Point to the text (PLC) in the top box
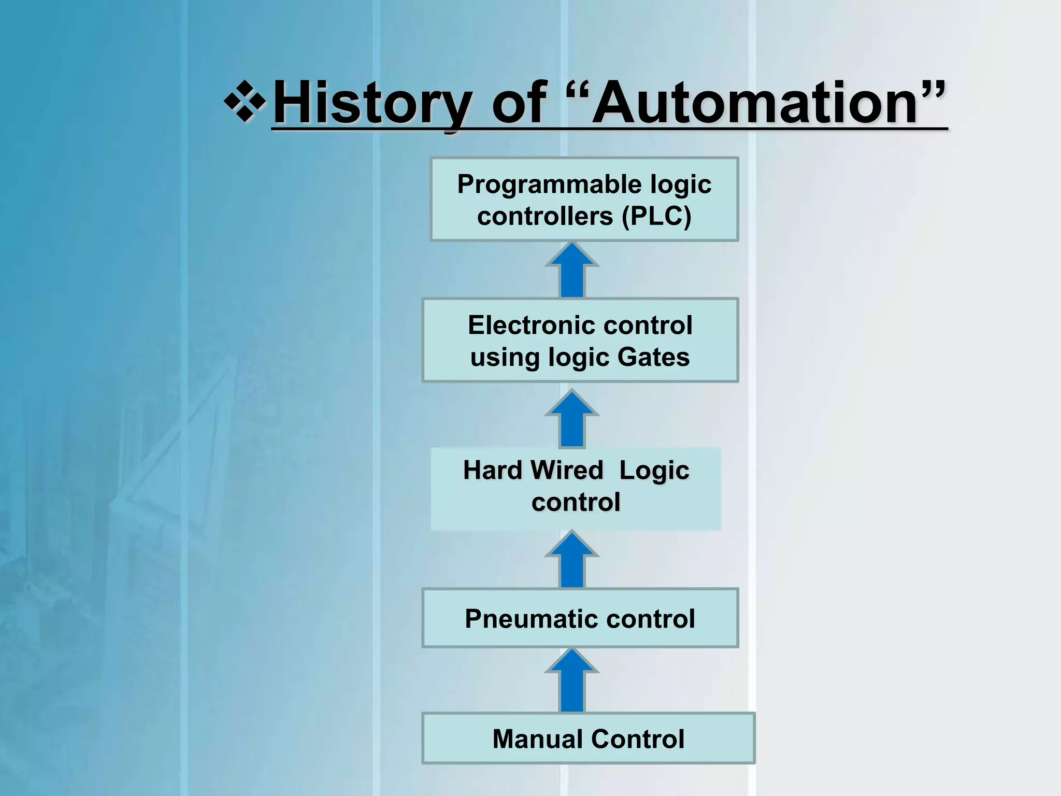click(656, 216)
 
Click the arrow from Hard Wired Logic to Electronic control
click(572, 419)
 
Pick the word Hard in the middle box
click(492, 471)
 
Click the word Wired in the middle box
click(567, 471)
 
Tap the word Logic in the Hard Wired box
click(654, 471)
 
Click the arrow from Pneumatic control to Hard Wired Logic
click(572, 560)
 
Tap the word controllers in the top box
click(544, 216)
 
